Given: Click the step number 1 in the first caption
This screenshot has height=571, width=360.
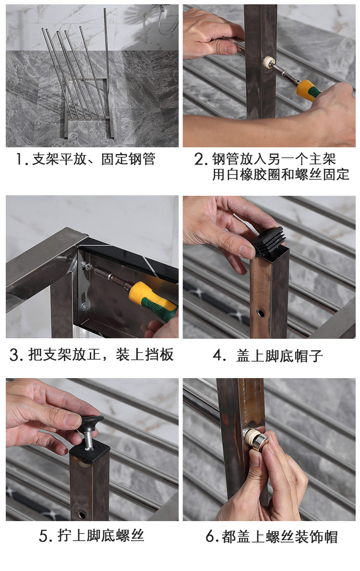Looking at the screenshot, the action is click(x=19, y=159).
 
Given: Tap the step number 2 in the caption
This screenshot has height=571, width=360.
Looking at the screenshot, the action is click(x=199, y=159).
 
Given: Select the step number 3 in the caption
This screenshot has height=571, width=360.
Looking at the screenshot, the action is click(x=14, y=355).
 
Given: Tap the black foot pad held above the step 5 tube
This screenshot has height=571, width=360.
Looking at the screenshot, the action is click(x=92, y=423).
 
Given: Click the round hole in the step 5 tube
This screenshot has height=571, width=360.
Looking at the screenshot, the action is click(x=83, y=515).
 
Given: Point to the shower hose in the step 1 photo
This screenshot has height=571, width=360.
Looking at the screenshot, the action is click(x=166, y=22).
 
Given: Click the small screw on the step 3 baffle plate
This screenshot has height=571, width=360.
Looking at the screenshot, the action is click(x=84, y=306).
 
